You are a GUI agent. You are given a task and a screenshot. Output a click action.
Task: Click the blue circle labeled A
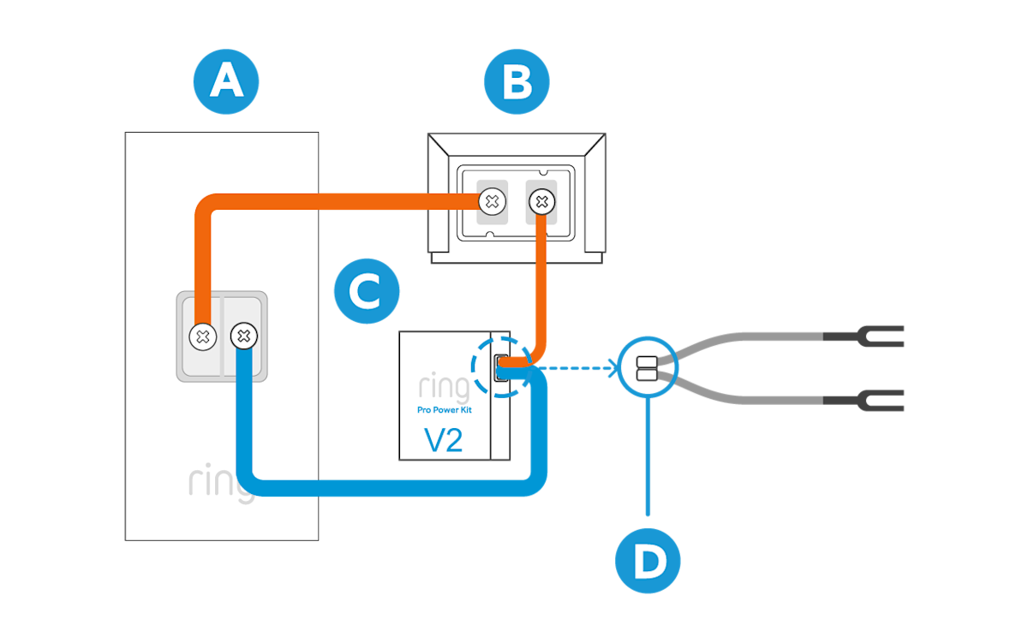tap(226, 81)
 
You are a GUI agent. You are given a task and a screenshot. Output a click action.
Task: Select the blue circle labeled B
tap(517, 82)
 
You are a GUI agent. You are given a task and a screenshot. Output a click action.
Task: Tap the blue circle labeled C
tap(367, 292)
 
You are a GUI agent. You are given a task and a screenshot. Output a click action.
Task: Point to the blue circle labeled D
tap(648, 562)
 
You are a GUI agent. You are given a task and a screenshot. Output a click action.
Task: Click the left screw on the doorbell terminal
tap(202, 336)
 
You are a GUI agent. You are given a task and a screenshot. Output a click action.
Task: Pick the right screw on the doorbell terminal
tap(243, 336)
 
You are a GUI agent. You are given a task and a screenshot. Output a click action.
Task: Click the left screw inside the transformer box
tap(491, 202)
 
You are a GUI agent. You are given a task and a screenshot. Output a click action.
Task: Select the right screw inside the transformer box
tap(541, 202)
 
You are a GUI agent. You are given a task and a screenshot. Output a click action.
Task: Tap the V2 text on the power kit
tap(444, 440)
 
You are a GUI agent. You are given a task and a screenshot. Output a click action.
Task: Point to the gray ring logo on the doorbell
tap(222, 484)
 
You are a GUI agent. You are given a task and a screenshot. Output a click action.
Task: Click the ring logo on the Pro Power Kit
tap(443, 388)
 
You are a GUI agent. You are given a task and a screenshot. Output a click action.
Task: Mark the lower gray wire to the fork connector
tap(745, 398)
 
